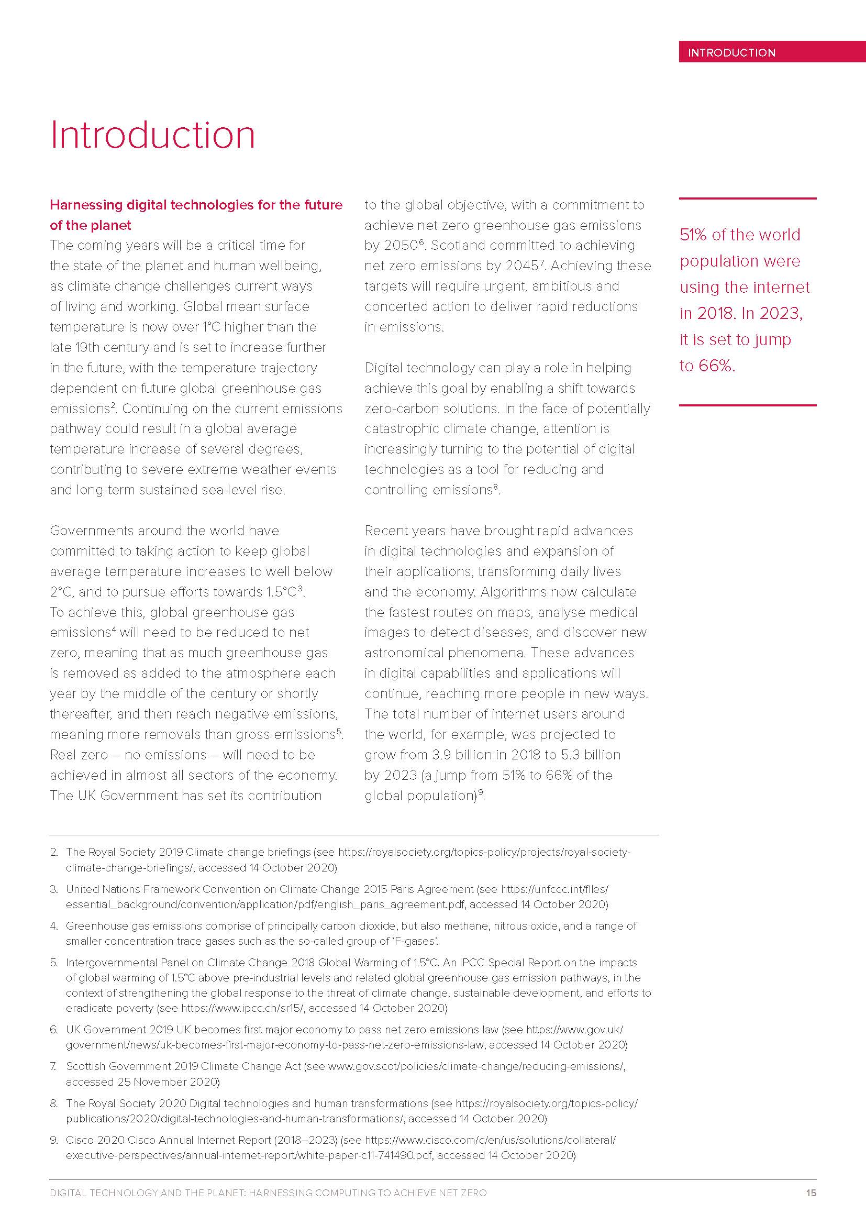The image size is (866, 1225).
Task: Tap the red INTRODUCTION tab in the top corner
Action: [731, 52]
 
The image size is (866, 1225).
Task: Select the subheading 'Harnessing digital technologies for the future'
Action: [196, 205]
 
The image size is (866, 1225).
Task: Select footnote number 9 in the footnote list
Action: [54, 1140]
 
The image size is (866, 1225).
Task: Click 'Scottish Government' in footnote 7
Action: [115, 1066]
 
